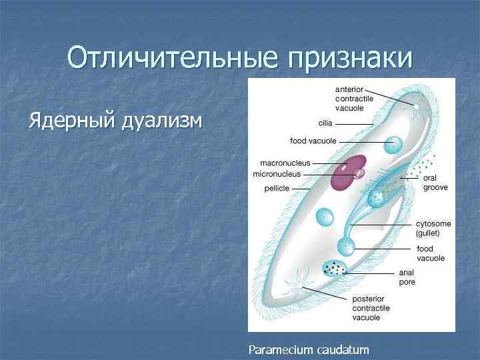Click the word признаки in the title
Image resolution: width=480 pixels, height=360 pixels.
(x=349, y=59)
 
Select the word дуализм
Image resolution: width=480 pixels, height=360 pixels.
(x=163, y=121)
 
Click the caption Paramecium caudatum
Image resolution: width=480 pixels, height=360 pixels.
(x=308, y=349)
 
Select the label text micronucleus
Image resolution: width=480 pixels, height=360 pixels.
(x=277, y=174)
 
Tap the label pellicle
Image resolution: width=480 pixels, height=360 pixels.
(x=277, y=189)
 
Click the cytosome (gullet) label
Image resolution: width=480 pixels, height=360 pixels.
(x=433, y=229)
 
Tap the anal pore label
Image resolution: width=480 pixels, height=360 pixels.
(x=407, y=277)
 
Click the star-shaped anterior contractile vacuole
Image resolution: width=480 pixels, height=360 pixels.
(x=416, y=107)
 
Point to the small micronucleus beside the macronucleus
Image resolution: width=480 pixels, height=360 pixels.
(x=359, y=174)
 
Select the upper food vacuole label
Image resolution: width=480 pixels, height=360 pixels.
(x=313, y=141)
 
